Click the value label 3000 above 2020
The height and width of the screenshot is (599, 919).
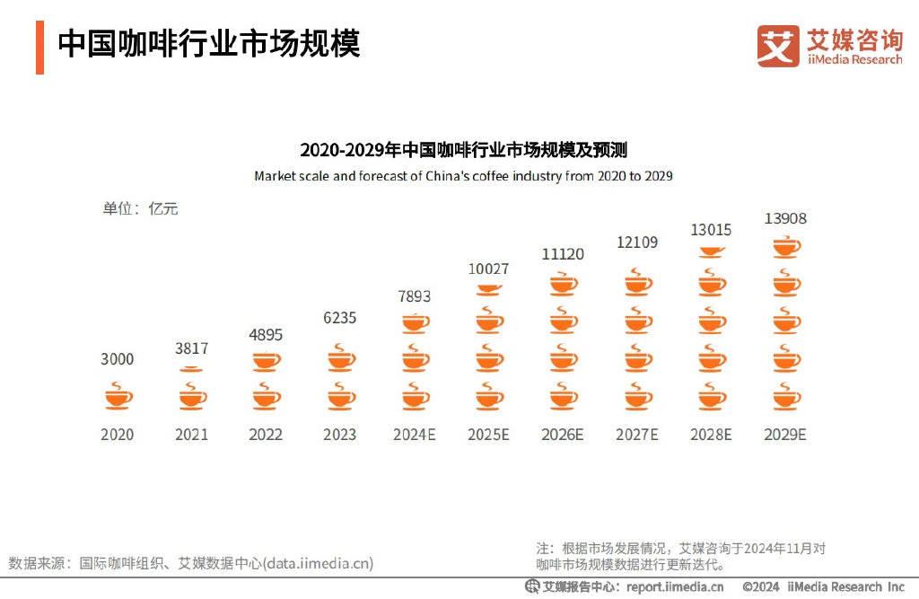pos(117,359)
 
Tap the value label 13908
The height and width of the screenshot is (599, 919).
pos(785,218)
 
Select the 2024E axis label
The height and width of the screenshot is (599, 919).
pos(414,435)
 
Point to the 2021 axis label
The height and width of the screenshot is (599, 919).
pos(191,435)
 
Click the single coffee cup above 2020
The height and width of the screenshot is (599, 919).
pos(118,395)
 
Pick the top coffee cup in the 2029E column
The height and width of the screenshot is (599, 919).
pos(786,245)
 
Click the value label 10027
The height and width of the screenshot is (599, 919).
pos(488,269)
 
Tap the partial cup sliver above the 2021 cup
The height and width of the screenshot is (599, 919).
pos(191,369)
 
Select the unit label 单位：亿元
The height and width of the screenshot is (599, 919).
pos(140,208)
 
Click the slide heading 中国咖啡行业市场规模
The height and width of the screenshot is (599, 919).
pos(209,43)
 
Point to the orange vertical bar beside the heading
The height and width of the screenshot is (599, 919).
pos(39,47)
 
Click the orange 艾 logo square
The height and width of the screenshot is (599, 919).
pos(777,45)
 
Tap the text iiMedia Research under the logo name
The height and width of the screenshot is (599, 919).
pos(854,59)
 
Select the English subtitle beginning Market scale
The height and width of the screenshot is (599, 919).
pos(463,176)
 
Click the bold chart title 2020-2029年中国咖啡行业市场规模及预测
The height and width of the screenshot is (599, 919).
pos(463,150)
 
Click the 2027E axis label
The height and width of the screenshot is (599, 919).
pos(636,435)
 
